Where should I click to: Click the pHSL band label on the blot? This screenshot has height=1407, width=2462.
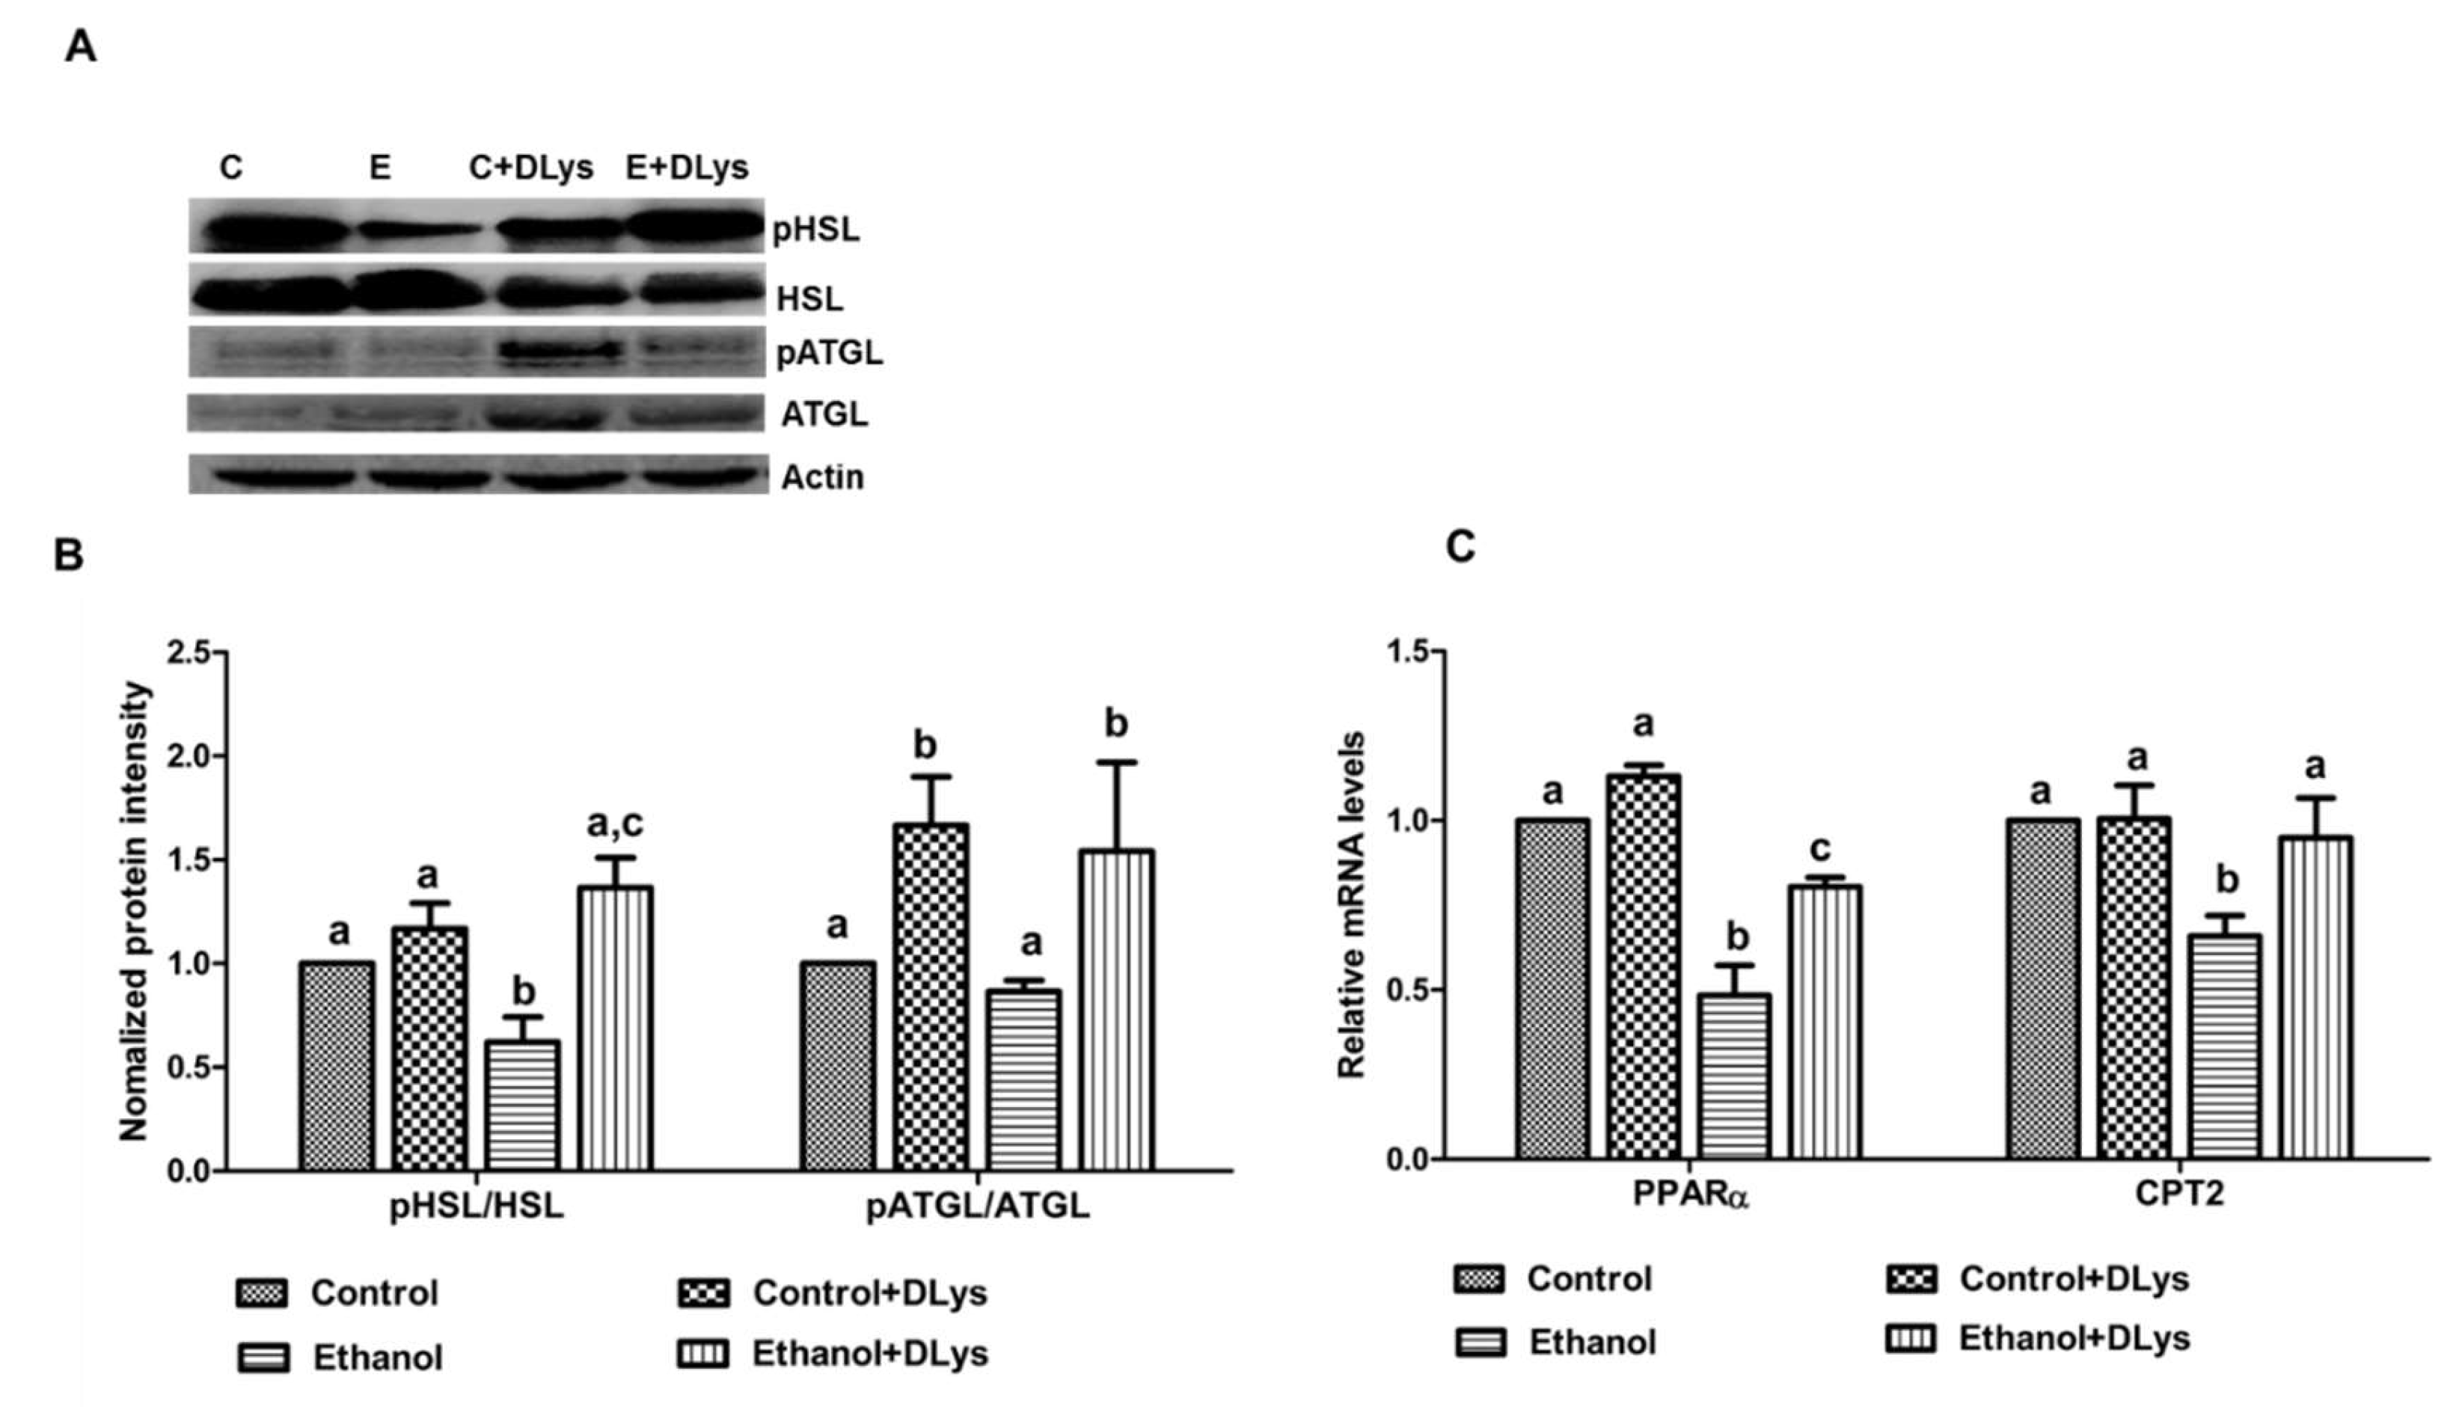coord(815,230)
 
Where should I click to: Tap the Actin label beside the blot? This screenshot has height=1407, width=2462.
coord(822,477)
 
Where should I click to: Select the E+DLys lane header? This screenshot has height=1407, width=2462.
coord(687,167)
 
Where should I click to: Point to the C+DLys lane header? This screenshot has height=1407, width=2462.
coord(530,167)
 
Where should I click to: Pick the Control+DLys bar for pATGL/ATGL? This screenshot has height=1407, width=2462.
coord(930,996)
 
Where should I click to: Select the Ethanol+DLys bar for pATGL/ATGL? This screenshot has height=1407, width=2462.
coord(1116,1010)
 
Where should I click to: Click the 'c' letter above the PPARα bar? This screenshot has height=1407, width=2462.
coord(1820,848)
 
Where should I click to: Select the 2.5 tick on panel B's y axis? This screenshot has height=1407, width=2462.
coord(189,652)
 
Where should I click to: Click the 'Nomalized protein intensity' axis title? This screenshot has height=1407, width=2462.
coord(135,910)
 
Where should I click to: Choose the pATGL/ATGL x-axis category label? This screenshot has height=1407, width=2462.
coord(977,1206)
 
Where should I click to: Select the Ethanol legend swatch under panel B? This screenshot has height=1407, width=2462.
coord(262,1358)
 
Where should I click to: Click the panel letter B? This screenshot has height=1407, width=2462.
coord(69,556)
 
